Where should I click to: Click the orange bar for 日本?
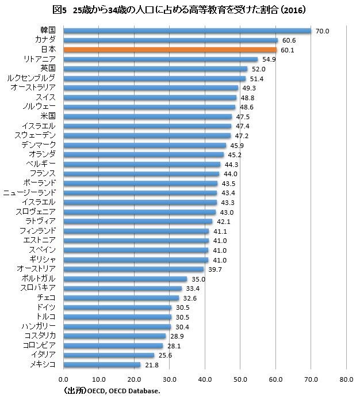tap(170, 50)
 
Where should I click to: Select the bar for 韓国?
tap(187, 31)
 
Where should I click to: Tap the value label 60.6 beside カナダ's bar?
tap(288, 41)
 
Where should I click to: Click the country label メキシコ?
tap(42, 364)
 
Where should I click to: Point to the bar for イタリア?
tap(109, 355)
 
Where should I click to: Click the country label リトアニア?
tap(40, 59)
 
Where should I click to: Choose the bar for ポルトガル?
tap(125, 279)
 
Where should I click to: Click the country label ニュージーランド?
tap(30, 192)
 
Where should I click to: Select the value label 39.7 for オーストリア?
tap(215, 269)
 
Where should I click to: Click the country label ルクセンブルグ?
tap(33, 78)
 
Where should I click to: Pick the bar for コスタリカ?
tap(114, 336)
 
